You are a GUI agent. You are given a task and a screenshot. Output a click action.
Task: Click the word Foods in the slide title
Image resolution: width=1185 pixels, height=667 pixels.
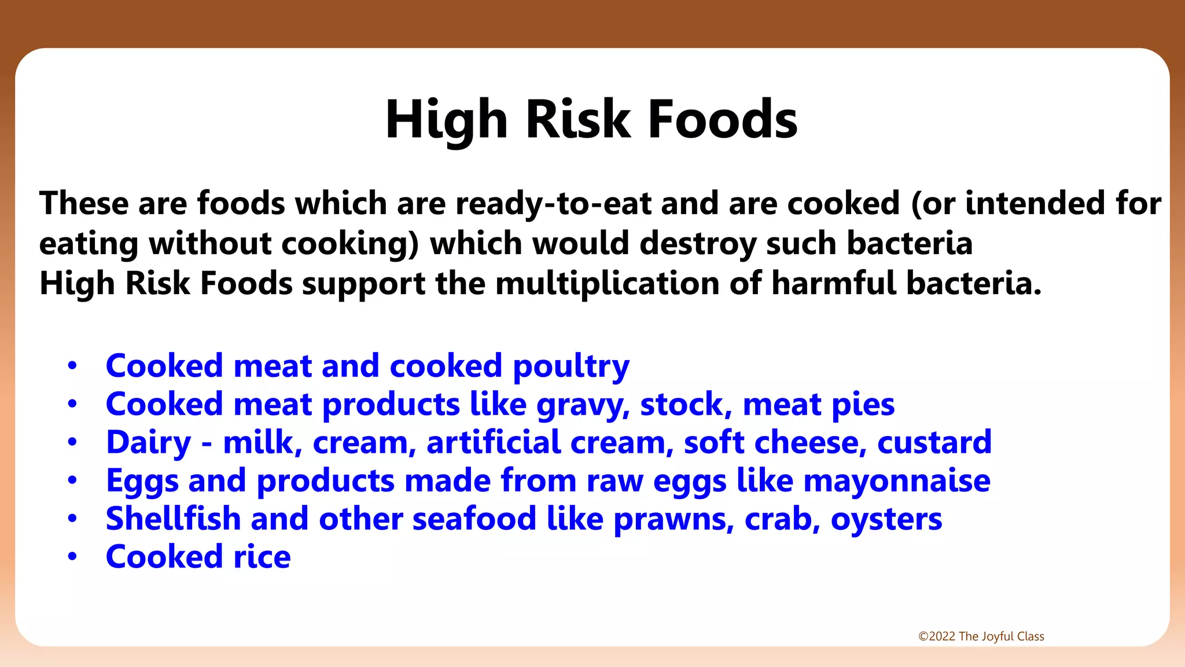(723, 119)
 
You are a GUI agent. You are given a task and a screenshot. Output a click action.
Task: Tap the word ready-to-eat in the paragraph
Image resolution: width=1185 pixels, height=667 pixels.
(554, 204)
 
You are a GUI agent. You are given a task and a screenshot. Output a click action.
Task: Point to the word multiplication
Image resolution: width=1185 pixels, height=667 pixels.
(607, 284)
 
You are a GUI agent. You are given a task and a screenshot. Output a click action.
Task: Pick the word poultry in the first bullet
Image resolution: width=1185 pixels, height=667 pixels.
(571, 367)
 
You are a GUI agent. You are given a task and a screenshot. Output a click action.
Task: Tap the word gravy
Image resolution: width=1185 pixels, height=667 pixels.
(583, 405)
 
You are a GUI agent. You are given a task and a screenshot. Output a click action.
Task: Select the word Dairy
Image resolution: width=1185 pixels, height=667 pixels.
(148, 444)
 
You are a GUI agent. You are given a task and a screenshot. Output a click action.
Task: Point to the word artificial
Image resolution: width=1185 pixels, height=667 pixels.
(493, 442)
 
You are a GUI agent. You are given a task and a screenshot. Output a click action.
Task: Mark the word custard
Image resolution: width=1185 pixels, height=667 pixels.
(934, 442)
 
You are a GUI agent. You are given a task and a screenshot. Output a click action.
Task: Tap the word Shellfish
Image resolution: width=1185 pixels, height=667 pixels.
(173, 519)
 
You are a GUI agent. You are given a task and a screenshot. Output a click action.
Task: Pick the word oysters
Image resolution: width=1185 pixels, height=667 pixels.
(886, 520)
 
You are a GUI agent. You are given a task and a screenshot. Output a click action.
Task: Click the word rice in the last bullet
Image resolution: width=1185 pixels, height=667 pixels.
(262, 557)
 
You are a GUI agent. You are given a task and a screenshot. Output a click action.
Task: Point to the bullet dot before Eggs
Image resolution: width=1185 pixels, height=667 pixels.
(72, 481)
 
